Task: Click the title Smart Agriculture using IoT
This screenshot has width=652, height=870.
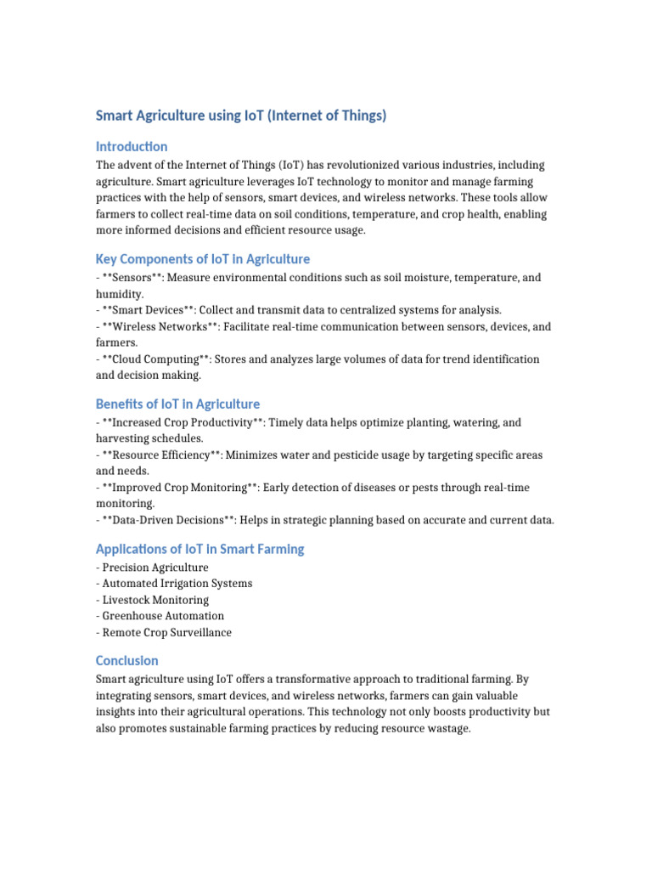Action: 240,116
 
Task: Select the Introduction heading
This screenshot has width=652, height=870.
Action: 132,146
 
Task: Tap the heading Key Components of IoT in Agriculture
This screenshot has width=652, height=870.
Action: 203,259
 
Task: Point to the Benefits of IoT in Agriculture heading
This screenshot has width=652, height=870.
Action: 177,404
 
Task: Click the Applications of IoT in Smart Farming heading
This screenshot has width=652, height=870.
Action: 200,550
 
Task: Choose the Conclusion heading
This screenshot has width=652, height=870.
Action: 127,661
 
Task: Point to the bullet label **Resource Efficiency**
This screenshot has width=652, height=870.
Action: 161,455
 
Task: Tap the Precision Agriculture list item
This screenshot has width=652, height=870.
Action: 155,568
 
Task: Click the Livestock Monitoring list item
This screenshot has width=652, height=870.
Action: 155,600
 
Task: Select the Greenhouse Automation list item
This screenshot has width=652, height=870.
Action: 163,616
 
